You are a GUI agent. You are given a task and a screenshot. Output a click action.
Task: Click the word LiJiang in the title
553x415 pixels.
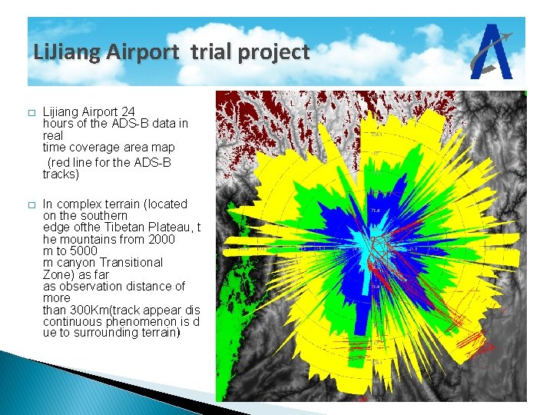pos(68,52)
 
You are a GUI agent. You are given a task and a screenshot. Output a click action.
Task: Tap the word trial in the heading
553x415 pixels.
pos(209,52)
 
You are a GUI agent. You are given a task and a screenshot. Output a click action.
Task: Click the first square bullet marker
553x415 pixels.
pos(31,113)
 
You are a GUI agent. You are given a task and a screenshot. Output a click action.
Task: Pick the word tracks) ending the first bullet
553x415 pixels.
pos(61,174)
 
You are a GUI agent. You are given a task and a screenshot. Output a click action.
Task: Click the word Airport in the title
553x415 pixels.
pos(144,52)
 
